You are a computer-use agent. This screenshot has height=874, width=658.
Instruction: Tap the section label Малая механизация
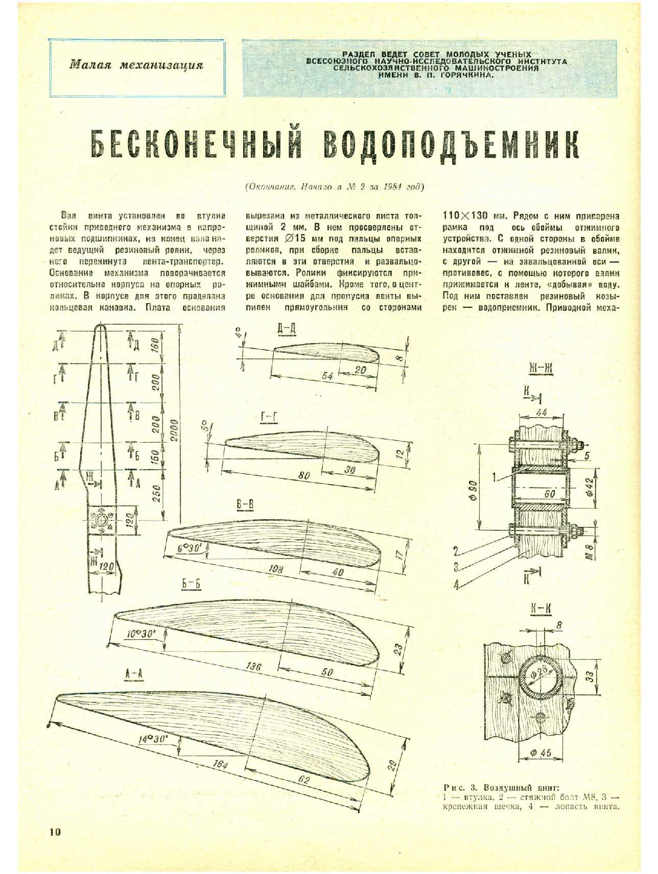[136, 65]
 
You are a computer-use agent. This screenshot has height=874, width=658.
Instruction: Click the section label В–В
[245, 505]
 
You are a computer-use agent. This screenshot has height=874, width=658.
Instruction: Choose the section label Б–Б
[191, 584]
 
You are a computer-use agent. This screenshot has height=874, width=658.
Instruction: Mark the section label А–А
[134, 674]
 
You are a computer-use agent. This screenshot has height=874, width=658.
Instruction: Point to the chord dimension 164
[221, 764]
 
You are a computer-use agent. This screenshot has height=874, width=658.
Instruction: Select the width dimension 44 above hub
[541, 412]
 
